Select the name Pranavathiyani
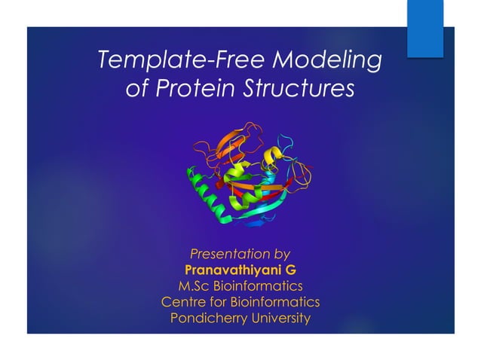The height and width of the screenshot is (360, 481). tap(231, 270)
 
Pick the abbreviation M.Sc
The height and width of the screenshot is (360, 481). tap(197, 285)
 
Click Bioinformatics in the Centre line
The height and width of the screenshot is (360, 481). tap(274, 302)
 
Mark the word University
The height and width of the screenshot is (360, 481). tap(280, 318)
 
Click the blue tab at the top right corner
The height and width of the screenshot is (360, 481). tap(425, 29)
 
